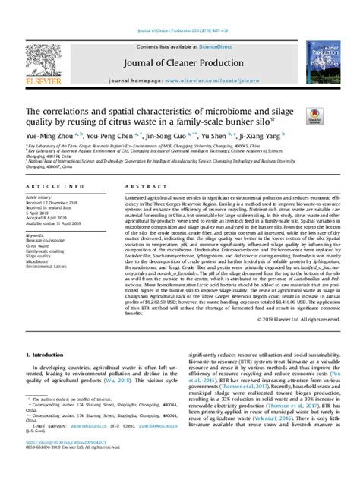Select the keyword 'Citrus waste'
tap(43, 252)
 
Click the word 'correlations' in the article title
tap(71, 110)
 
